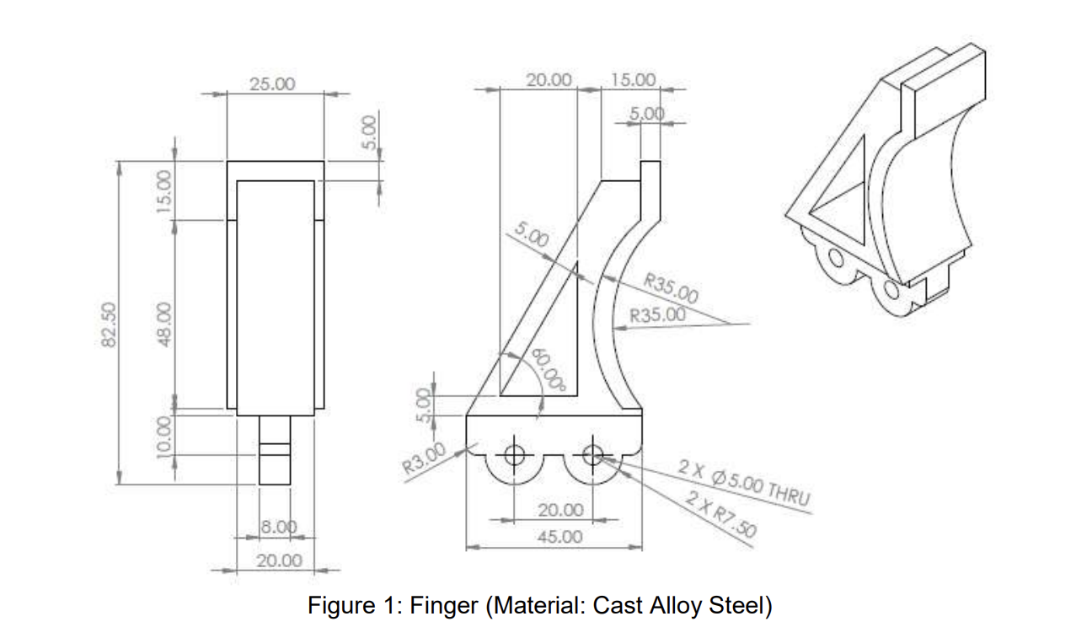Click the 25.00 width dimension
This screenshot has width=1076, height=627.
[x=273, y=83]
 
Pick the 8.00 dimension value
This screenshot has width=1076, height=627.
[x=277, y=527]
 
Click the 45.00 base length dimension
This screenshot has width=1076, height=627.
[x=559, y=536]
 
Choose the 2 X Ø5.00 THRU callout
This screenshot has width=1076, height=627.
[x=745, y=485]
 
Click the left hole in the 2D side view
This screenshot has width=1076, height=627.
[x=513, y=455]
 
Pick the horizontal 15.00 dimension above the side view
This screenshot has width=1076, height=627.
[x=633, y=79]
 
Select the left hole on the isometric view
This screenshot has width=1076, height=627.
[x=836, y=256]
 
